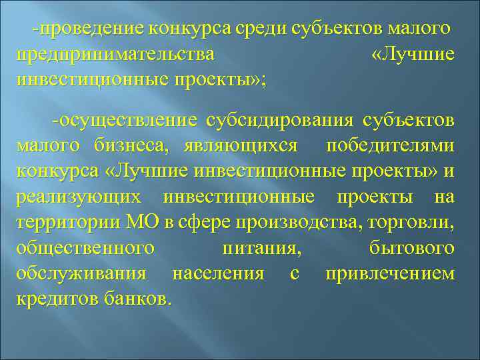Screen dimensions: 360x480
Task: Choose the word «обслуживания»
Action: [81, 273]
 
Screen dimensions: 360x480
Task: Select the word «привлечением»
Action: [390, 273]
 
